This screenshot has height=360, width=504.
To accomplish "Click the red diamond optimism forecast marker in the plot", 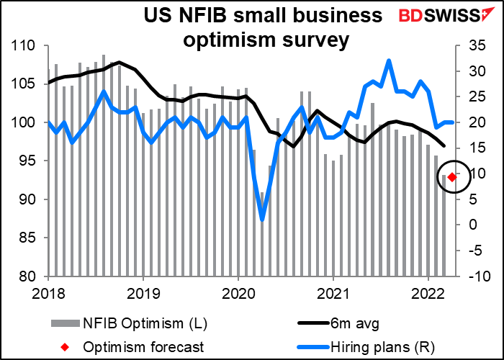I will [451, 176].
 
